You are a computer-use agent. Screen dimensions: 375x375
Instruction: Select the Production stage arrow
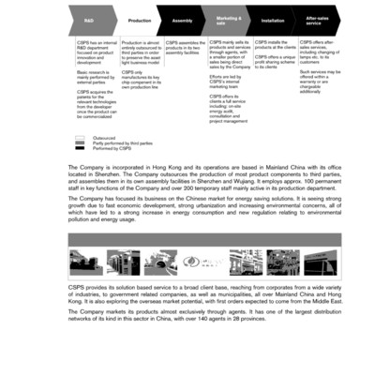[x=138, y=19]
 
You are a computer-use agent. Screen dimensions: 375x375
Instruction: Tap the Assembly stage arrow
[x=183, y=19]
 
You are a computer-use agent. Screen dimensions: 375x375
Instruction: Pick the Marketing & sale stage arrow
[x=228, y=19]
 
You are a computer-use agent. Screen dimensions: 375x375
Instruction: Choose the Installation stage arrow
[x=273, y=19]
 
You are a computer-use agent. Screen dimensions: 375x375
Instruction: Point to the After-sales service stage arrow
[x=318, y=19]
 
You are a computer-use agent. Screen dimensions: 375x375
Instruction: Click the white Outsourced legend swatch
[x=81, y=137]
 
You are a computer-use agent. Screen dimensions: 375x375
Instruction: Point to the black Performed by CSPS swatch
[x=81, y=148]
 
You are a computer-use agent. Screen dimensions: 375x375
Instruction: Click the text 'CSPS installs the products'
[x=276, y=45]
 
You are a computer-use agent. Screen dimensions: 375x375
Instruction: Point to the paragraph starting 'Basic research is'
[x=95, y=78]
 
